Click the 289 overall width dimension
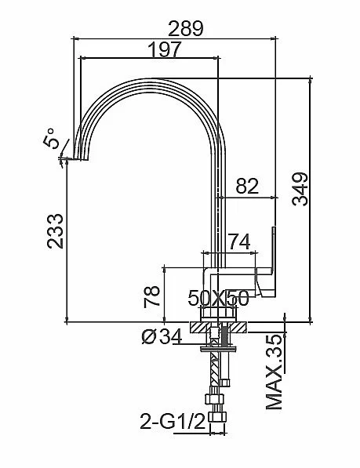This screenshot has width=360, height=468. pos(186,28)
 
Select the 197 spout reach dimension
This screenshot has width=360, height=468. pos(165,49)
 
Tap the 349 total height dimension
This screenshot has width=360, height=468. pos(300,189)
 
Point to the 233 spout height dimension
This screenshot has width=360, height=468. pos(55,231)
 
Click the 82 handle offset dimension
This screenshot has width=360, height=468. pos(247,186)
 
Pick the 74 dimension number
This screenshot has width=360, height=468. pos(239,241)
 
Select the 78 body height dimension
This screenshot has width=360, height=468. pos(152,296)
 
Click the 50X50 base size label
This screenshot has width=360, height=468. pos(218,298)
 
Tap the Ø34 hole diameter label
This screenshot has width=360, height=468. pos(162,336)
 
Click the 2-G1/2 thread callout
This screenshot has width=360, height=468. pos(173,422)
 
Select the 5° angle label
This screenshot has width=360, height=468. pos(49,139)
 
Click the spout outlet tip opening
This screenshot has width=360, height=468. pos(81,159)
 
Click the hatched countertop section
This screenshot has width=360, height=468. pos(218,327)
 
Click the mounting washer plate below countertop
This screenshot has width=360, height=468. pos(218,348)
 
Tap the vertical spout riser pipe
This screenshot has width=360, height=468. pos(218,209)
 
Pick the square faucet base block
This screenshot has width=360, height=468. pos(218,314)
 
